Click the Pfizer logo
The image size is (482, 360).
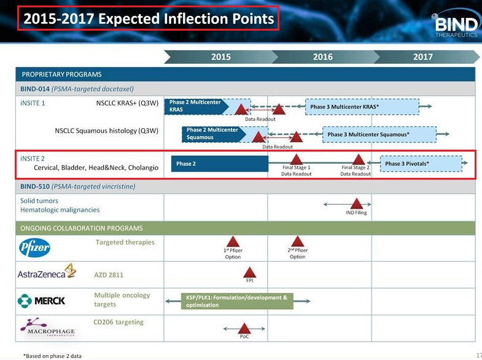(x=34, y=247)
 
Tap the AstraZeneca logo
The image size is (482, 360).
(x=47, y=271)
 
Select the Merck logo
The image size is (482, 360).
(x=41, y=301)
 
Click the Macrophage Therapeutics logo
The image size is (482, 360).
(x=47, y=327)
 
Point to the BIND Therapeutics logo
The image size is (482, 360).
(x=456, y=24)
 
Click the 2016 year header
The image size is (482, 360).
(x=323, y=57)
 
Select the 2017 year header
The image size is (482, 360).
(x=422, y=57)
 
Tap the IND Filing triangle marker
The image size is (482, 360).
(x=357, y=204)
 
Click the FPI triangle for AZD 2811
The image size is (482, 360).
(x=250, y=272)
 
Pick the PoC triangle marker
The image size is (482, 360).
(x=244, y=328)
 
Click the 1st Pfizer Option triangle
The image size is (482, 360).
(x=233, y=242)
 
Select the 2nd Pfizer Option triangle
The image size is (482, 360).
(x=298, y=242)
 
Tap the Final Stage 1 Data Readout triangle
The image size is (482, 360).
(x=296, y=159)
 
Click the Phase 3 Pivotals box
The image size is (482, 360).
(x=421, y=164)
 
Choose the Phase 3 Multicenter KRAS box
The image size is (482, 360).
(x=362, y=107)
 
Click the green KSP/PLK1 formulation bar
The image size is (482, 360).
(x=237, y=301)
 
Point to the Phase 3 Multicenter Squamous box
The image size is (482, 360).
(x=379, y=134)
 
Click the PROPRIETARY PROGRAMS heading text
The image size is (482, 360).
(x=61, y=74)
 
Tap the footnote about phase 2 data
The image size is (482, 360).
(x=53, y=356)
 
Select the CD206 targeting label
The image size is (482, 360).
(x=119, y=322)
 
